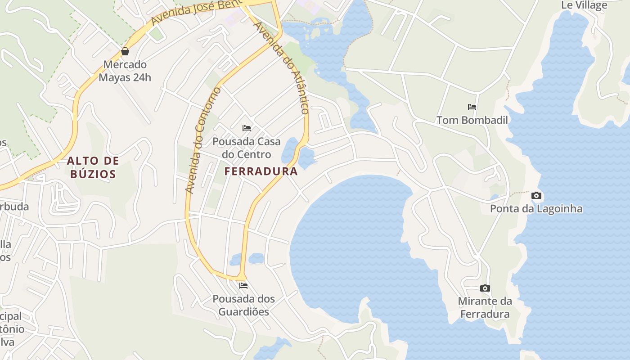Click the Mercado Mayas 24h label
125,71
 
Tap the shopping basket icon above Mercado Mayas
125,51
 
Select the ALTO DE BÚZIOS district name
94,167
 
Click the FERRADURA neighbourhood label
261,171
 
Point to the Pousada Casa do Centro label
246,148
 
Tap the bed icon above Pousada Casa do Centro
247,128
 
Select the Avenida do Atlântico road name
282,67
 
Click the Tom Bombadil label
472,120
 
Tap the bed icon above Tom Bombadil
472,107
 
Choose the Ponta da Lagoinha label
536,209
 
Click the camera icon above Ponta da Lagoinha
536,196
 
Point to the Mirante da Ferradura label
485,308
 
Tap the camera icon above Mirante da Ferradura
485,288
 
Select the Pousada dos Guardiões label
243,305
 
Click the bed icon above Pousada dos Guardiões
243,286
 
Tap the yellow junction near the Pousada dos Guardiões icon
242,276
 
